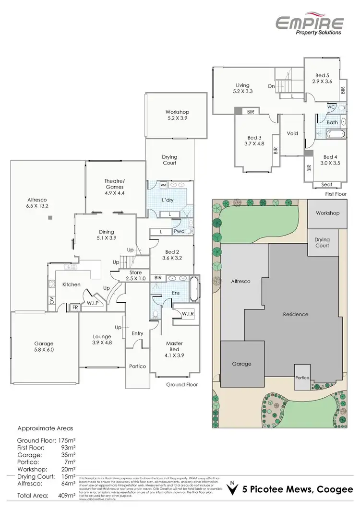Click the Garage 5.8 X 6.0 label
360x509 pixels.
point(44,347)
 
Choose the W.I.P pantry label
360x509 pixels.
point(92,303)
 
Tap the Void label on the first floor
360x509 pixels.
point(292,133)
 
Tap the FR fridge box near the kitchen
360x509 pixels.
point(74,308)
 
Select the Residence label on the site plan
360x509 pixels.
point(295,315)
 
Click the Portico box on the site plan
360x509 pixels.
point(303,378)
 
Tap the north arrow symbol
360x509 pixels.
point(233,487)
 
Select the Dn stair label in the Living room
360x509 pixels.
point(271,86)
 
